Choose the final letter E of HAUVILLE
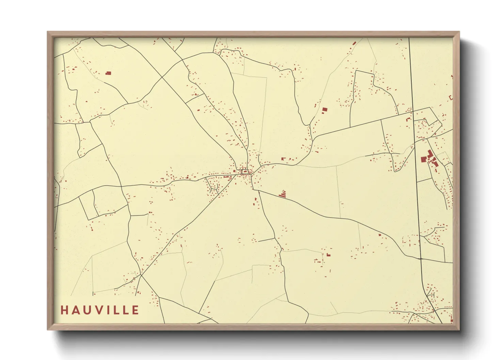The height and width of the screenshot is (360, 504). tap(136, 310)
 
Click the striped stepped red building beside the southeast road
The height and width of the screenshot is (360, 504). tap(283, 194)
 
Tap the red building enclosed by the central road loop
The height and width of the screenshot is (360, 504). tap(245, 171)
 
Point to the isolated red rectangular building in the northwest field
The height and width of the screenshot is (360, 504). tap(108, 73)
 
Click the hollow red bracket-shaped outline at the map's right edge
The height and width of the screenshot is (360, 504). tap(451, 98)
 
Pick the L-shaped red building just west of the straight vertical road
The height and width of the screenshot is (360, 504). tap(408, 119)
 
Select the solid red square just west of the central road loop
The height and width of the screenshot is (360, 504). tap(235, 171)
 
